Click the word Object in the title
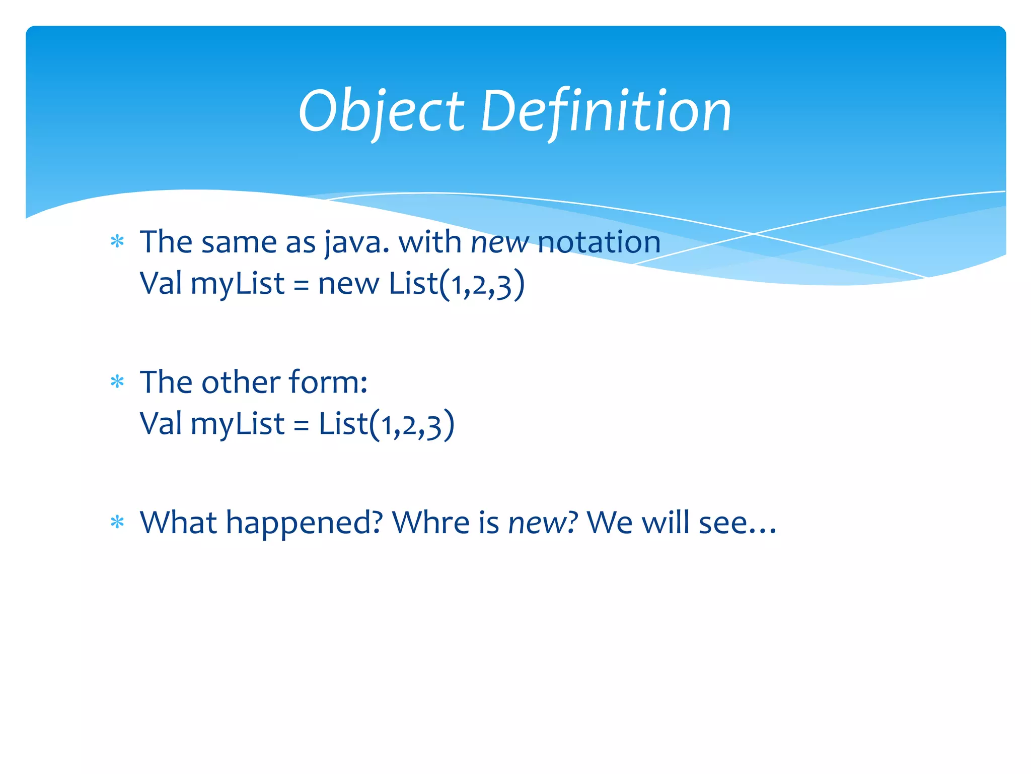point(381,112)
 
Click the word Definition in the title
point(606,112)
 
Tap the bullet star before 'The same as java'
point(117,242)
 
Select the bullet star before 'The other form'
point(117,382)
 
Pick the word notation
point(599,242)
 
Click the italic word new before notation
point(499,243)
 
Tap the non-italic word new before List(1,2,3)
point(348,284)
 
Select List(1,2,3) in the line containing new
point(457,284)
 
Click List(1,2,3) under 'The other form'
point(387,424)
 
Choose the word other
point(241,382)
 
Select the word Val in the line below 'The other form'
point(161,424)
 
